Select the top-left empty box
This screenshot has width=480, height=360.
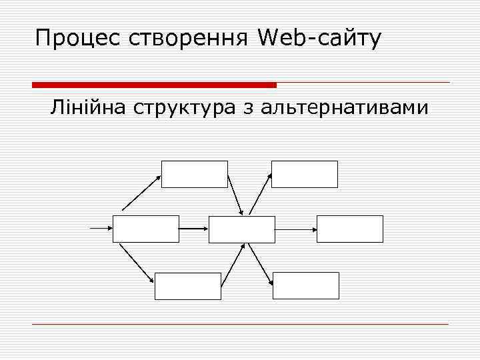tap(195, 174)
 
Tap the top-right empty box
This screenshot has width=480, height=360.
tap(305, 174)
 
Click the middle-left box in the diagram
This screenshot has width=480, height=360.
tap(146, 229)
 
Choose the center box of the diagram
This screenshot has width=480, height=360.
tap(242, 229)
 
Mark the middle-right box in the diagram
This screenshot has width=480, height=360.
tap(350, 229)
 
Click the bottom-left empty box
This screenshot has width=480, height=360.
tap(187, 286)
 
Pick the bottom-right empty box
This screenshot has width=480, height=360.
tap(306, 286)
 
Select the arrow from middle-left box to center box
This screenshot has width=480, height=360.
tap(194, 229)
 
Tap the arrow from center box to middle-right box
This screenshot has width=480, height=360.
tap(296, 229)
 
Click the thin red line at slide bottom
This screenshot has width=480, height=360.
tap(240, 324)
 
